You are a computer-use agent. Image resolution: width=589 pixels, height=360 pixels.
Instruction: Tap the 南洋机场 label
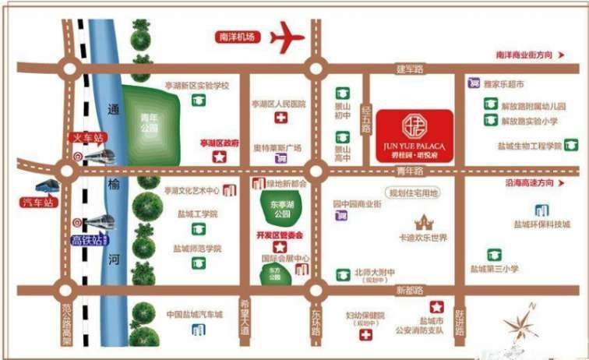(238, 37)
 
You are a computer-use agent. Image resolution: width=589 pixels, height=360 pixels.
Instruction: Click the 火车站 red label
(86, 139)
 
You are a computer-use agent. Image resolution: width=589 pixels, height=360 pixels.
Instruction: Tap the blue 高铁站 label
(87, 240)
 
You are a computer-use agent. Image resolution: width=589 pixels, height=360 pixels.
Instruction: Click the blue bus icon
(46, 187)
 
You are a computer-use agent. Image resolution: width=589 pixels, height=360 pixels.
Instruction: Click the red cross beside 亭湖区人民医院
(280, 118)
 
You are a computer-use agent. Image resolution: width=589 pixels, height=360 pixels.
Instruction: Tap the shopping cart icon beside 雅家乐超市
(472, 83)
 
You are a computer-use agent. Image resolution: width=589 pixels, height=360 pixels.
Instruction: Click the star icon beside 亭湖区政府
(220, 157)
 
